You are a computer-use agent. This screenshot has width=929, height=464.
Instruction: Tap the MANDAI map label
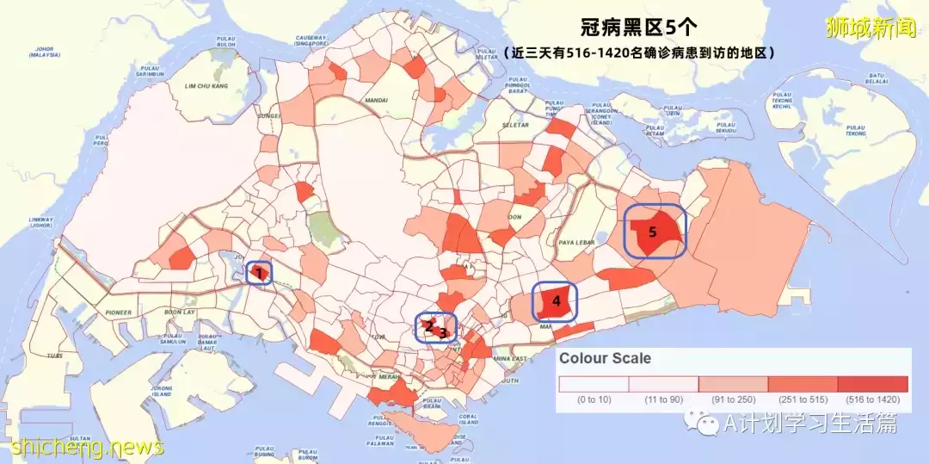[376, 100]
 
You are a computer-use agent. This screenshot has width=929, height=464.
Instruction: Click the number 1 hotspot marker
[258, 273]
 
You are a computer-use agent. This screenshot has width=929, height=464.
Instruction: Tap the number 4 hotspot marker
[556, 302]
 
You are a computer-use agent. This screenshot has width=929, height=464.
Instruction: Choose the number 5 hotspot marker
[652, 232]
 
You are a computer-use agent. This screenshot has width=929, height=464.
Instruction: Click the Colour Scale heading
[605, 358]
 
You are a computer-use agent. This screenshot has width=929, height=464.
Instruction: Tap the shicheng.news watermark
[88, 447]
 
